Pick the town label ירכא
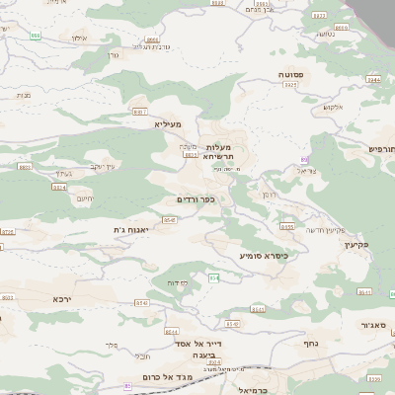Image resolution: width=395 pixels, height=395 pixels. pyautogui.click(x=63, y=297)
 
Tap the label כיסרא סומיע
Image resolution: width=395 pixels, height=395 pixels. pyautogui.click(x=264, y=255)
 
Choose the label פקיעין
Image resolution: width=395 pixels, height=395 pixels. pyautogui.click(x=356, y=243)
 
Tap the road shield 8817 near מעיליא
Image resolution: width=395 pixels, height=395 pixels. pyautogui.click(x=139, y=112)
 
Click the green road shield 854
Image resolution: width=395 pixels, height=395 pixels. pyautogui.click(x=214, y=278)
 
